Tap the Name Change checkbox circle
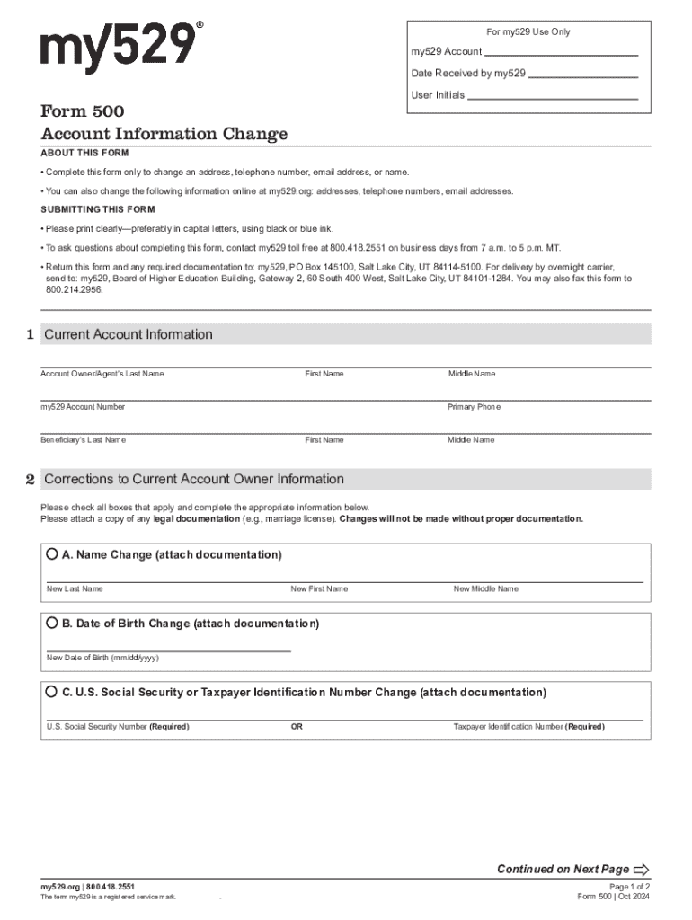[52, 554]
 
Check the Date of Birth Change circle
[52, 623]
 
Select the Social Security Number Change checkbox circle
[52, 692]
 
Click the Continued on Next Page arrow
[641, 869]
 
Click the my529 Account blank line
[561, 56]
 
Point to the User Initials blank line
[553, 98]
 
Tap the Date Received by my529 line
[583, 77]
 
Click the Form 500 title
[82, 111]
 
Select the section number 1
[30, 334]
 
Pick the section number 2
[30, 479]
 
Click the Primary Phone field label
[474, 407]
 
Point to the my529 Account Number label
[83, 407]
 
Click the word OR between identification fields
[297, 727]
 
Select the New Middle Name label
[485, 589]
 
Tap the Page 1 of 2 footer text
[629, 886]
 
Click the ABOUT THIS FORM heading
[84, 153]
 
